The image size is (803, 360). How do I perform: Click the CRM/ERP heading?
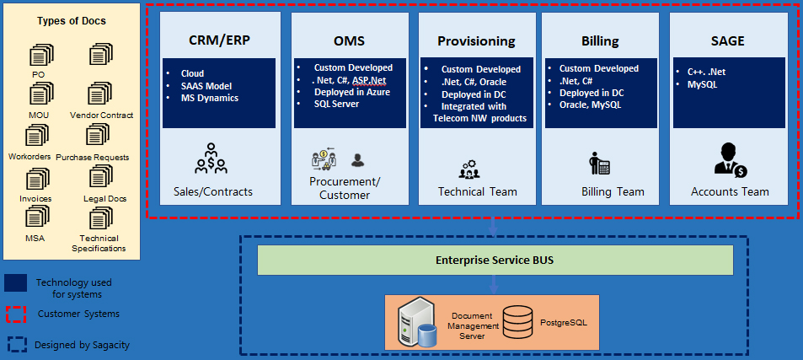point(218,40)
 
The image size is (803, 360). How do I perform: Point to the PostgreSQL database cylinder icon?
point(515,321)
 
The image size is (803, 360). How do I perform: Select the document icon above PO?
point(39,56)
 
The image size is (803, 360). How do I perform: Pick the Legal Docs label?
point(104,198)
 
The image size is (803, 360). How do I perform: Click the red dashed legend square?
point(16,314)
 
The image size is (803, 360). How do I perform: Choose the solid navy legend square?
point(16,282)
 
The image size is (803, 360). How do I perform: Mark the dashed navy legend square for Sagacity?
point(16,344)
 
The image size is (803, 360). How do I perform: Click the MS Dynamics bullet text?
point(210,98)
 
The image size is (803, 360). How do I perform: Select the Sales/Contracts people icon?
point(211,158)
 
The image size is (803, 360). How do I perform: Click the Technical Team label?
point(478,191)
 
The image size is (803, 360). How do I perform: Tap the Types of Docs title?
point(72,21)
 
